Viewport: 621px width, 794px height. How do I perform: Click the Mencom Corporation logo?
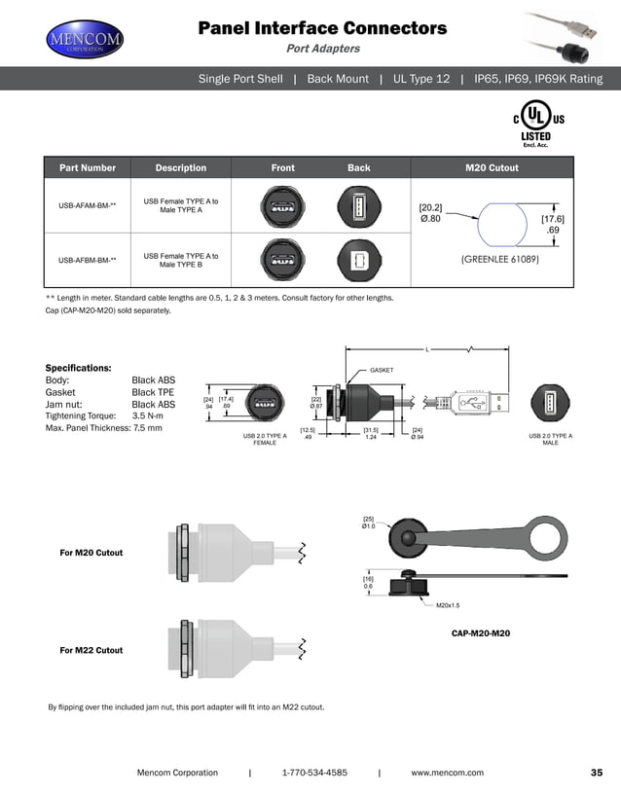[x=86, y=41]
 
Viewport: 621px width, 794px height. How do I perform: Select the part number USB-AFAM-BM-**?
[x=87, y=206]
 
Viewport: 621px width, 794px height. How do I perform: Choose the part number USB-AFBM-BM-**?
[x=87, y=261]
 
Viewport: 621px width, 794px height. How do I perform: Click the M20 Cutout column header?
[x=492, y=168]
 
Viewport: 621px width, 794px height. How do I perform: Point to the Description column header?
[x=180, y=168]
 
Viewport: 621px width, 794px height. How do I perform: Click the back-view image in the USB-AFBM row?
[x=358, y=260]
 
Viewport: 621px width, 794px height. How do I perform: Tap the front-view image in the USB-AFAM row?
[x=282, y=206]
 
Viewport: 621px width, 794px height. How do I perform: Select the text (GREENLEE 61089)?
[x=499, y=260]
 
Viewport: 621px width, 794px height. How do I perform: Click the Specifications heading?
[x=78, y=368]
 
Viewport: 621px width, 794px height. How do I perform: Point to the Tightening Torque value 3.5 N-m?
[x=151, y=415]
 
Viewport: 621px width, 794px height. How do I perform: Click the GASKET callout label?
[x=381, y=371]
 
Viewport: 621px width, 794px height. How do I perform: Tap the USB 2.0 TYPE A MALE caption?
[x=550, y=440]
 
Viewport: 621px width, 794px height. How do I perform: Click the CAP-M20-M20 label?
[x=481, y=633]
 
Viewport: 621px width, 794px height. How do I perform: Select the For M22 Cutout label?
[x=91, y=650]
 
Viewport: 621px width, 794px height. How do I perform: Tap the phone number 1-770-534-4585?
[x=313, y=773]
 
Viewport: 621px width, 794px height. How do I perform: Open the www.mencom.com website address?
[x=447, y=773]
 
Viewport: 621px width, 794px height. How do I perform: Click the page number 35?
[x=597, y=773]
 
